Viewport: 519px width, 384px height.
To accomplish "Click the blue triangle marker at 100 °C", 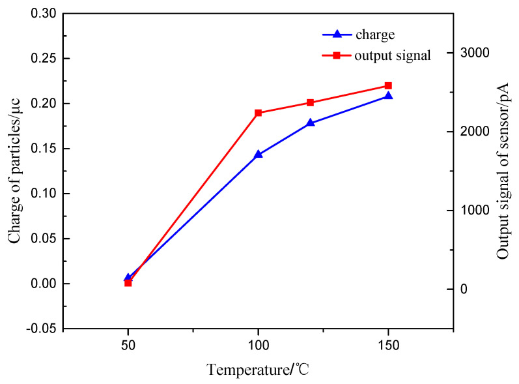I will coord(259,155).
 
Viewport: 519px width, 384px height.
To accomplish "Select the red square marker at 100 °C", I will coord(259,113).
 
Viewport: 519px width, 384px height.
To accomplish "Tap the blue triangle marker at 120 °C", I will coord(311,123).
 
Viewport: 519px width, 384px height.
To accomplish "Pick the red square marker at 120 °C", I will coord(311,102).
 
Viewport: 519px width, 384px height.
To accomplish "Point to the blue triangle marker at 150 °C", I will coord(389,96).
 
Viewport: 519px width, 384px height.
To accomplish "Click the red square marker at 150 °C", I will coord(389,85).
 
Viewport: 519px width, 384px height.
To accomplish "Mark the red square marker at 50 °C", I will coord(128,283).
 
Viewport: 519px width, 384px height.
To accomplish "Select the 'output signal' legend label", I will coord(393,55).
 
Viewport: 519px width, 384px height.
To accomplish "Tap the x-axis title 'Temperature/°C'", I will coord(258,370).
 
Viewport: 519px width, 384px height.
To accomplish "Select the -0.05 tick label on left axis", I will coord(40,329).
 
